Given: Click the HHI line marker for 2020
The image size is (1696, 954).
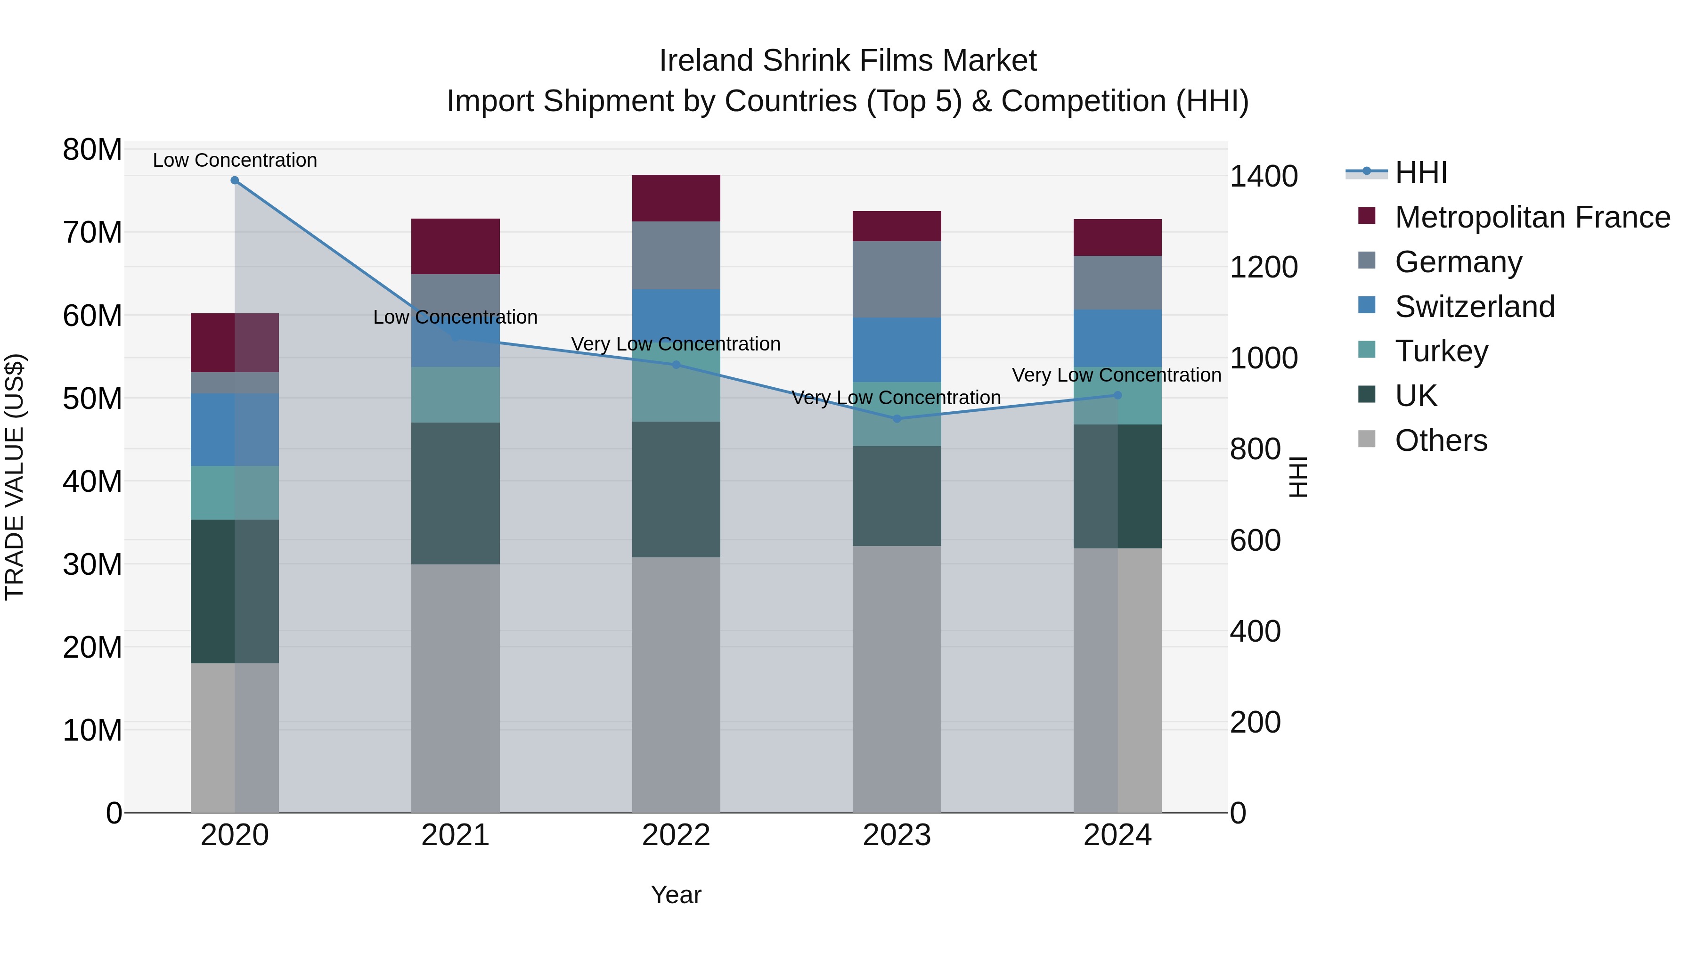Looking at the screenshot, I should pos(235,180).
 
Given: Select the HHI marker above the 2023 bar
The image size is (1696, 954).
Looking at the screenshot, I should pos(896,419).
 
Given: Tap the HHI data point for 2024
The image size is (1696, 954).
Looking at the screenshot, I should pos(1117,395).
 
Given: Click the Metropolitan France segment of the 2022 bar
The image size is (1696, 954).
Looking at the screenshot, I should pos(676,198).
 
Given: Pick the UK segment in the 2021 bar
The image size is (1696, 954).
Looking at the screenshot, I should pos(455,493).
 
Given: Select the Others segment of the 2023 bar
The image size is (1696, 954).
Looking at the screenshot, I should pos(896,678).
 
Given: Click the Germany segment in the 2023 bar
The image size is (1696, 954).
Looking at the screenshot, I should pos(896,279).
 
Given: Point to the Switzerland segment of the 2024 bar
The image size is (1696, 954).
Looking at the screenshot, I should pos(1117,338).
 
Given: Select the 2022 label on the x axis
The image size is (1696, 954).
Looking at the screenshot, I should pos(676,835).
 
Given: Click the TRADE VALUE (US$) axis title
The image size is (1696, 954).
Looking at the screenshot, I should pos(15,477).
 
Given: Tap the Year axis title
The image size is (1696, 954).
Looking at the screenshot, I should pos(676,895).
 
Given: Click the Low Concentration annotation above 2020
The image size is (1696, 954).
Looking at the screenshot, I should pos(235,160).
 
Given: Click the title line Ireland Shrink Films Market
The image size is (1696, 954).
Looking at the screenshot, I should pos(848,61).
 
